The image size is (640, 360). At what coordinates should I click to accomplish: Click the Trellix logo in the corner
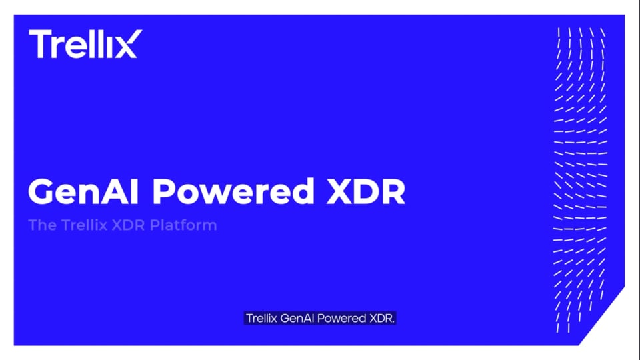(x=85, y=44)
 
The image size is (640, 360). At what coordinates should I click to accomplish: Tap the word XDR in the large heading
(x=366, y=191)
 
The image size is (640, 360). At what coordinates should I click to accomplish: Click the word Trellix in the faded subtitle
(x=84, y=225)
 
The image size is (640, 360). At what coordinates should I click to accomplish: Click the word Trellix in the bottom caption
(x=261, y=319)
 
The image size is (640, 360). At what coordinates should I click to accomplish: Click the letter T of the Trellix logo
(x=39, y=44)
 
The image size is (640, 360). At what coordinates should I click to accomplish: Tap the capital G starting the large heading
(x=41, y=191)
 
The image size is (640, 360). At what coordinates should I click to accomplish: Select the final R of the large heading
(x=393, y=191)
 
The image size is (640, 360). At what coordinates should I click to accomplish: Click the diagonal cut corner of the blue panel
(x=601, y=315)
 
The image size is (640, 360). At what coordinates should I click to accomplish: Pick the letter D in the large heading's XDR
(x=367, y=191)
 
